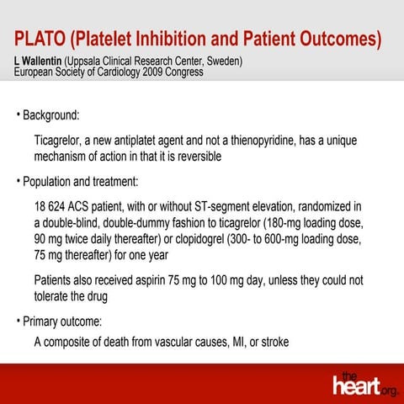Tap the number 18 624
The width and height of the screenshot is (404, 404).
[53, 206]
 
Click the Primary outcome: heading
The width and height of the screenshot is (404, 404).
[61, 321]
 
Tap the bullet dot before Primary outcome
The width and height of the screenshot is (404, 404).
[18, 321]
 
